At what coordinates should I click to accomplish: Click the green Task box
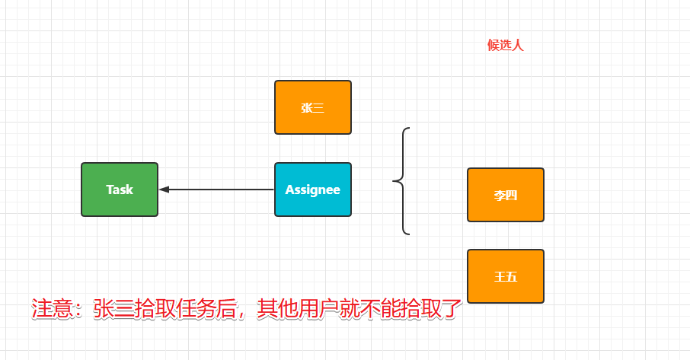coord(120,190)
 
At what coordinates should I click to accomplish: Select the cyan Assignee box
coord(312,190)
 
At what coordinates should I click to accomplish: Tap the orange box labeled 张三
coord(312,107)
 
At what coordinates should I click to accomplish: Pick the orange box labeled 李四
coord(505,195)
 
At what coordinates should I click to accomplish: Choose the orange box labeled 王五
coord(505,276)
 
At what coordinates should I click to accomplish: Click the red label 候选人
coord(506,46)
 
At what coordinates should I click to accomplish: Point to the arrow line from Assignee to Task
coord(221,190)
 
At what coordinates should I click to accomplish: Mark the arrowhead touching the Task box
coord(164,190)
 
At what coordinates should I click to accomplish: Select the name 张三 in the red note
coord(118,309)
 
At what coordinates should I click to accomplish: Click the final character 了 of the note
coord(452,309)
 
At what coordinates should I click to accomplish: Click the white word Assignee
coord(312,190)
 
